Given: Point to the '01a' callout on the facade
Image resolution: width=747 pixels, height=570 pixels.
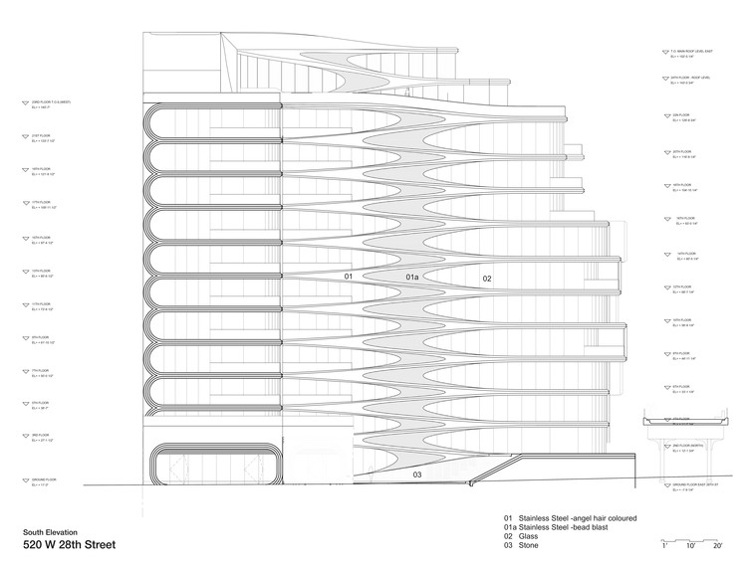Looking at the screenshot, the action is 412,276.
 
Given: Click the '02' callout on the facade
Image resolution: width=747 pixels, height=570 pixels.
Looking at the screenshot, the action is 488,279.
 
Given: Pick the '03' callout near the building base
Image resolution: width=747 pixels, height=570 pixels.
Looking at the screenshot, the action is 417,475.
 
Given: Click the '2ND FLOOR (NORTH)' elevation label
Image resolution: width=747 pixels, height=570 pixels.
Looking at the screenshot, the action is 687,447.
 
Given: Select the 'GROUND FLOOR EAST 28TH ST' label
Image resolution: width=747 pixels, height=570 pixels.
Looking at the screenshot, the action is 695,483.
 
